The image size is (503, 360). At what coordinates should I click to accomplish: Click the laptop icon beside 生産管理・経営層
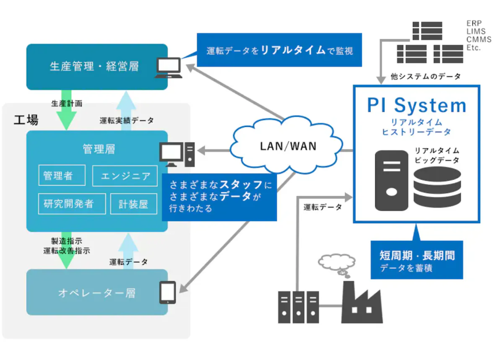pos(168,68)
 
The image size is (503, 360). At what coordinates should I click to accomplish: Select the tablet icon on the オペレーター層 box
pos(167,292)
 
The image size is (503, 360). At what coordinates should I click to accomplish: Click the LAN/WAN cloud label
pos(288,146)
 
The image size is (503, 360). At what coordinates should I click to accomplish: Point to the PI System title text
pos(416,106)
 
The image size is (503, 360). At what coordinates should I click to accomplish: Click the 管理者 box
pos(62,175)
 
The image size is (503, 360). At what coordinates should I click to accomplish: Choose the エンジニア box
pos(125,176)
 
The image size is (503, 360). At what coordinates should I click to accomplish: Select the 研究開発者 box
pos(72,204)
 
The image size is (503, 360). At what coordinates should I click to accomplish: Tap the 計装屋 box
pos(134,204)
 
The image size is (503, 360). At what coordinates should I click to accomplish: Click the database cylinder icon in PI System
pos(437,187)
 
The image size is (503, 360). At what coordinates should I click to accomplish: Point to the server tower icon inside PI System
pos(391,180)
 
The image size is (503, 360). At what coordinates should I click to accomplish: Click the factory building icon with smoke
pos(362,303)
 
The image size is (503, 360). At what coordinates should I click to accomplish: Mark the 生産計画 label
pos(67,103)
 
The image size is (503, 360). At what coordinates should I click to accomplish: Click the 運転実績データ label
pos(127,120)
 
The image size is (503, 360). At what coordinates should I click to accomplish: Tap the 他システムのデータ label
pos(425,76)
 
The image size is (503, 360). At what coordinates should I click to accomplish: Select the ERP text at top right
pos(474,23)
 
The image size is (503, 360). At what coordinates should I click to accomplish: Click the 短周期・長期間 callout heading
pos(417,255)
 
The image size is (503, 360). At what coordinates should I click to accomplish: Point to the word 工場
pos(26,120)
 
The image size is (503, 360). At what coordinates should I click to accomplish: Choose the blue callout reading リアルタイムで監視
pos(279,50)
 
